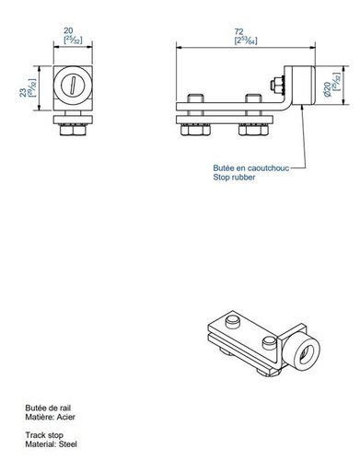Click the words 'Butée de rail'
click(45, 406)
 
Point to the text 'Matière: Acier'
click(48, 416)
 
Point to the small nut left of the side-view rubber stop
click(278, 86)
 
